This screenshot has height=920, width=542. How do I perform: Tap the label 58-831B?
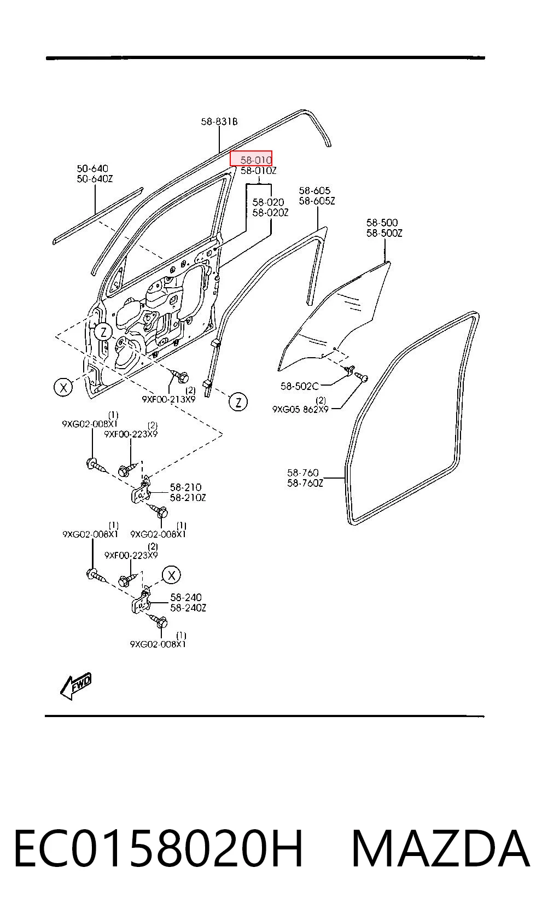coord(219,121)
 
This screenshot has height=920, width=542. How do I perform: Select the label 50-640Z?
coord(95,179)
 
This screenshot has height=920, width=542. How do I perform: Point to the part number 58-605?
coord(314,190)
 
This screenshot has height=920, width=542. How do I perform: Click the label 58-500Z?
coord(384,234)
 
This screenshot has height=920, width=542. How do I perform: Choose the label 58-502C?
coord(299,386)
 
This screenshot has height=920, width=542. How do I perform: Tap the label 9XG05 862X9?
coord(300,409)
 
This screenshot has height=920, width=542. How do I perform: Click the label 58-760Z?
coord(305,483)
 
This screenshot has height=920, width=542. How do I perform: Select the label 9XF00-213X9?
coord(169,399)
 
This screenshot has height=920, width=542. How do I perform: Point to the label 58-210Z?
coord(188,498)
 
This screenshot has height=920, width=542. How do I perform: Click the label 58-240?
coord(186,597)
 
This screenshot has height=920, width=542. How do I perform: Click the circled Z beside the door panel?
coord(103,332)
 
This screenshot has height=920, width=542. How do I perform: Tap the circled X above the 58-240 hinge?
coord(171,575)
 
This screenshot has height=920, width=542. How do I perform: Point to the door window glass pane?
coord(335,316)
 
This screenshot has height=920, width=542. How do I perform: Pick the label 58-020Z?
coord(270,213)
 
